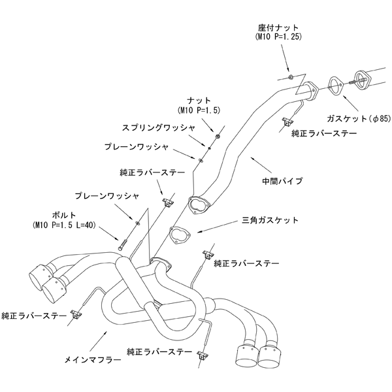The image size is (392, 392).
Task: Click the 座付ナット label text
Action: point(280,27)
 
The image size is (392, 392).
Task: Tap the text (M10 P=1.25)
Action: point(280,37)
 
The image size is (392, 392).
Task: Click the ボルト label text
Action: point(66,215)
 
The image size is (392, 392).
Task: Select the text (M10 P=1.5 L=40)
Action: point(66,225)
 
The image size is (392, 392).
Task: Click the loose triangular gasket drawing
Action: point(178,235)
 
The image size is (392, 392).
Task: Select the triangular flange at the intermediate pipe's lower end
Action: point(197,205)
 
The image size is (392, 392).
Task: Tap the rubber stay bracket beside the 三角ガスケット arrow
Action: point(210,253)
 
